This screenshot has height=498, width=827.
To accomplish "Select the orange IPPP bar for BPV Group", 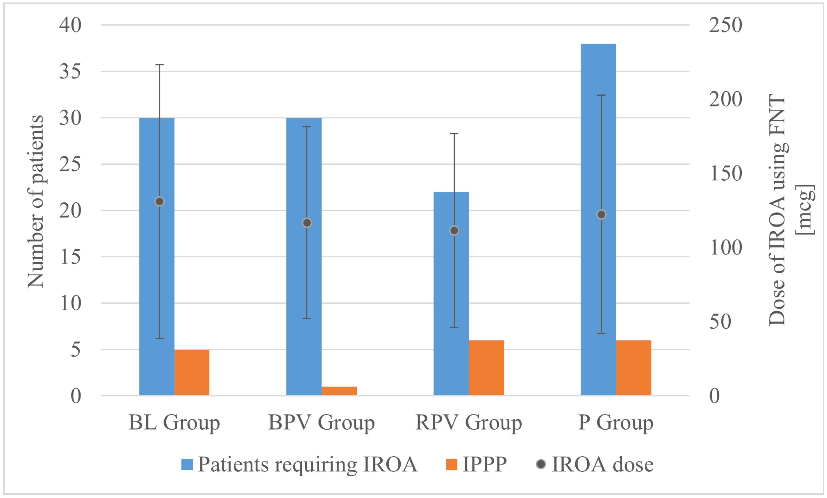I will click(x=339, y=391).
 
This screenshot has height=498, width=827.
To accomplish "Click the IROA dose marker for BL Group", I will click(x=160, y=201).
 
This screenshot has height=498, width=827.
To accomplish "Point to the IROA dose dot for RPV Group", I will click(x=454, y=231).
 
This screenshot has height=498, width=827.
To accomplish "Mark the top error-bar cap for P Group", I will click(x=601, y=95).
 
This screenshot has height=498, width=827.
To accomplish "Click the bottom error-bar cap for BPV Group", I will click(x=307, y=318).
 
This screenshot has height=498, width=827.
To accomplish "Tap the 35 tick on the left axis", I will click(x=70, y=71).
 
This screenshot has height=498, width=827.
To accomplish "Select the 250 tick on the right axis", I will click(x=725, y=25).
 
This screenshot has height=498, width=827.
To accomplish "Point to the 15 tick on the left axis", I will click(x=70, y=257).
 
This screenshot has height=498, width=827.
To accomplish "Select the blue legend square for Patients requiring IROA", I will click(x=187, y=464).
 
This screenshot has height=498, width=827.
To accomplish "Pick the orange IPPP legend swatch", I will click(x=452, y=464).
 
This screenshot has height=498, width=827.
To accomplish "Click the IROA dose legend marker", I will click(x=541, y=464).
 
